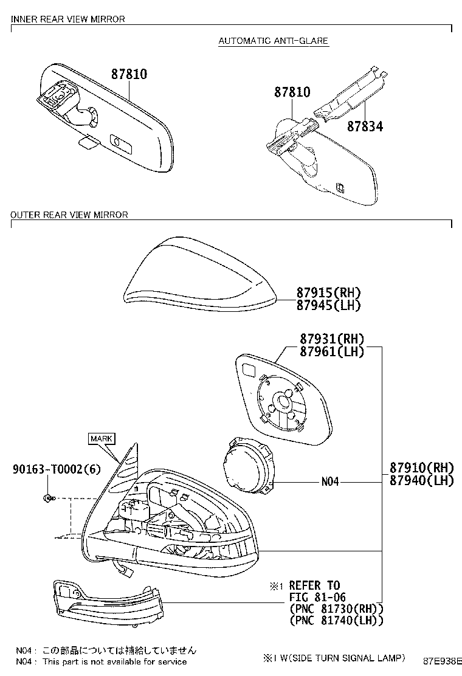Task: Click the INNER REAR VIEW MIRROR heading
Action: point(67,19)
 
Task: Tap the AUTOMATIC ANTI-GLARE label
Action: point(273,41)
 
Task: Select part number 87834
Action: point(365,126)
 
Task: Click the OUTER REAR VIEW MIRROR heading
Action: point(69,215)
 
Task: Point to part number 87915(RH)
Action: point(328,293)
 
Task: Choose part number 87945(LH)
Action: point(328,305)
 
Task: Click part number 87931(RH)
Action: point(332,339)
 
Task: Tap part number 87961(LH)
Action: point(332,352)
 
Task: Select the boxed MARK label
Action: point(102,438)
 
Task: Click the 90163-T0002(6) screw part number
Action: point(57,469)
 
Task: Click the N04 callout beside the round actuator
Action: point(330,481)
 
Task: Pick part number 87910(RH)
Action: point(422,467)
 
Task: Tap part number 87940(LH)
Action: point(422,480)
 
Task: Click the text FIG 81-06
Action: point(317,598)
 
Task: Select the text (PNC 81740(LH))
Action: point(337,621)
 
